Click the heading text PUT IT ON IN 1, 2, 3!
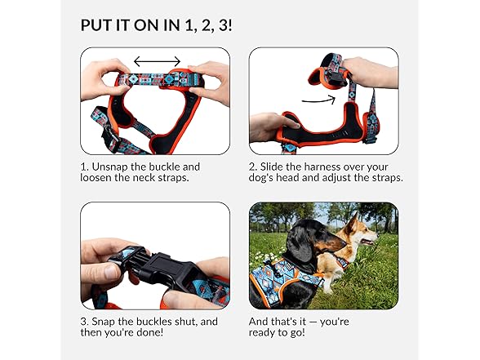coord(156,24)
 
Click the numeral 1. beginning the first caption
coord(85,167)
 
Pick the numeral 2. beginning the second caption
coord(254,167)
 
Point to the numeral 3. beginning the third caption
coord(85,322)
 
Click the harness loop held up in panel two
coord(327,70)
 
